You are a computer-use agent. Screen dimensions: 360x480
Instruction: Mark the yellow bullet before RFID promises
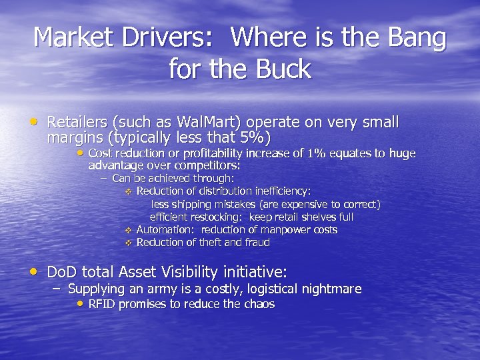[x=80, y=303]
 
